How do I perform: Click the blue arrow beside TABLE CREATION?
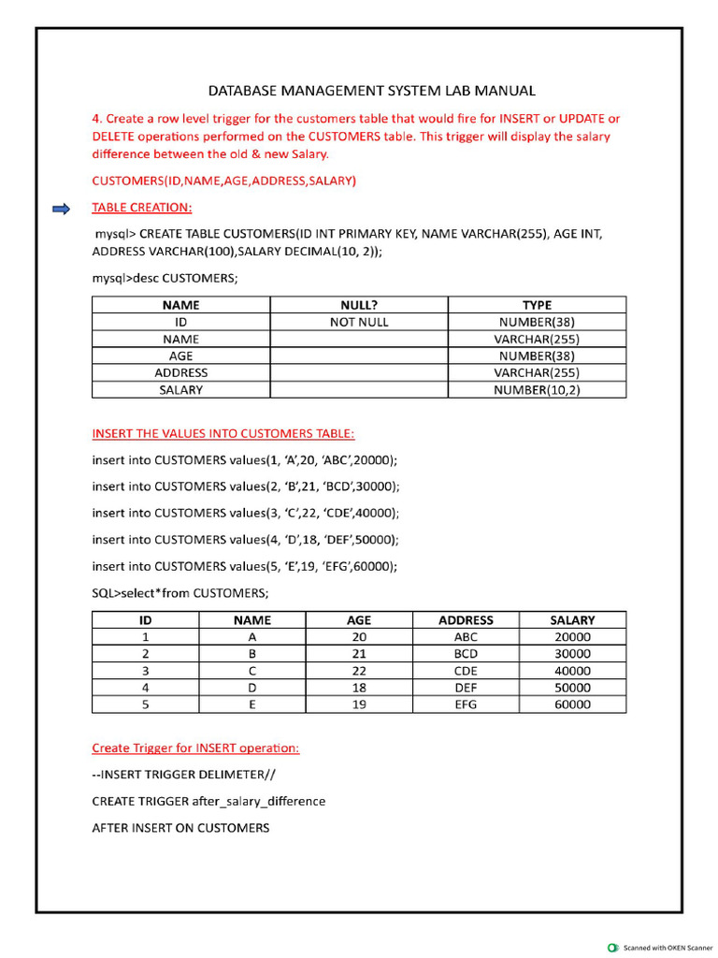point(61,209)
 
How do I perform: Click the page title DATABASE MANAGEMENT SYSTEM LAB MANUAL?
point(371,91)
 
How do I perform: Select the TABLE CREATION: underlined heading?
point(142,208)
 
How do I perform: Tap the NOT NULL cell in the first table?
point(359,322)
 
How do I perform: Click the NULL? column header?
point(359,305)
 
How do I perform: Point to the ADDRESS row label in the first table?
point(180,372)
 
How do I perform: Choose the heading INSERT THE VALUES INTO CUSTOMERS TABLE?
point(223,434)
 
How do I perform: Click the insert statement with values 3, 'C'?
point(245,513)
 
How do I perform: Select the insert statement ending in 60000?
point(245,566)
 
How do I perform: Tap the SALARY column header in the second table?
point(572,619)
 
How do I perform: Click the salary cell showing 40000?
point(572,671)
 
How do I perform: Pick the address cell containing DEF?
point(466,688)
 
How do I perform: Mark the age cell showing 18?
point(359,688)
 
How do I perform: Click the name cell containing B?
point(252,654)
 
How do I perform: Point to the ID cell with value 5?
point(146,704)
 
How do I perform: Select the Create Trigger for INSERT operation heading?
point(195,748)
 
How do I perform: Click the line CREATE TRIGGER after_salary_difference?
point(208,802)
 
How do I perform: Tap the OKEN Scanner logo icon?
point(612,947)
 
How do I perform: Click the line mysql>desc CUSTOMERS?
point(165,279)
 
